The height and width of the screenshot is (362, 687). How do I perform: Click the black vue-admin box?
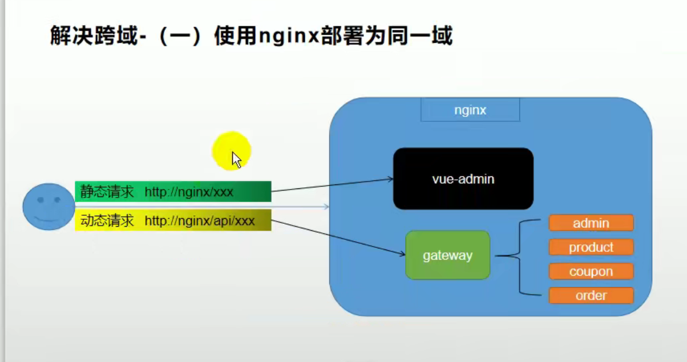(x=463, y=179)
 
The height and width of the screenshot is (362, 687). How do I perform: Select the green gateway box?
(x=447, y=255)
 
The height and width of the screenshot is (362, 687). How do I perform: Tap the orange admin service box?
(x=591, y=223)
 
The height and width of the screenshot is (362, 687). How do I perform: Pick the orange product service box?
(x=591, y=247)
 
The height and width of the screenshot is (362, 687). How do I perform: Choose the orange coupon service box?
(x=591, y=272)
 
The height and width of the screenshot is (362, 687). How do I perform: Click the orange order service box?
(x=591, y=296)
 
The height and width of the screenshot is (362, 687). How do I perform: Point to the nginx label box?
(x=470, y=110)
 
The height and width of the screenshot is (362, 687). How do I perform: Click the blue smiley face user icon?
(x=49, y=207)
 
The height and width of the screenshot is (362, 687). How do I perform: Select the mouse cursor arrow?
(x=236, y=159)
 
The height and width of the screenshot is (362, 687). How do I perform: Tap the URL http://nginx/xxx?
(x=189, y=192)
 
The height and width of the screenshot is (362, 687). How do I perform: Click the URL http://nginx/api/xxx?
(x=200, y=220)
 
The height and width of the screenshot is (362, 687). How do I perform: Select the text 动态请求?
(x=107, y=220)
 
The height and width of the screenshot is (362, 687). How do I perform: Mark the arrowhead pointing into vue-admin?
(x=391, y=179)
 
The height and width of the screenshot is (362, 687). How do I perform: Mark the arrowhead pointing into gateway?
(x=402, y=255)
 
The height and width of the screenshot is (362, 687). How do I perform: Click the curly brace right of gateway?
(x=519, y=256)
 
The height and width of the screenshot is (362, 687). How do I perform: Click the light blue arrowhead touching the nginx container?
(x=326, y=206)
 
